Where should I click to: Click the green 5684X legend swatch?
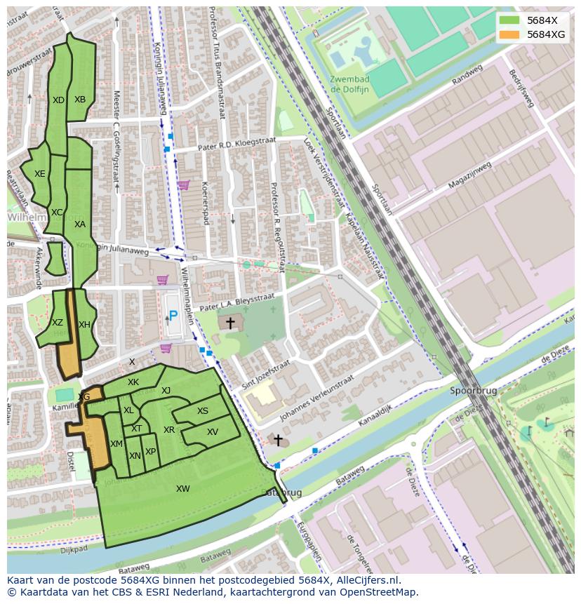coord(509,20)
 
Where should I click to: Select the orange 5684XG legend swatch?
coord(509,34)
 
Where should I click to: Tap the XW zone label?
coord(183,489)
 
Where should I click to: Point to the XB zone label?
coord(80,100)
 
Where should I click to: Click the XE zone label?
coord(40,174)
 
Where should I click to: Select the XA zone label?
coord(80,224)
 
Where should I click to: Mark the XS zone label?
coord(203,412)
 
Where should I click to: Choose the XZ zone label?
coord(58,323)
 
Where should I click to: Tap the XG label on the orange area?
coord(84,397)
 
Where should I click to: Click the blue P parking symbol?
coord(173,316)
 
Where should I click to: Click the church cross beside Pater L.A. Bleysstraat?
coord(229,323)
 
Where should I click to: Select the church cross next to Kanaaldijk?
coord(278,441)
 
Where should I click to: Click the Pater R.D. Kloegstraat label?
coord(234,145)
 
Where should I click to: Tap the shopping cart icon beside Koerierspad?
coord(183,185)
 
